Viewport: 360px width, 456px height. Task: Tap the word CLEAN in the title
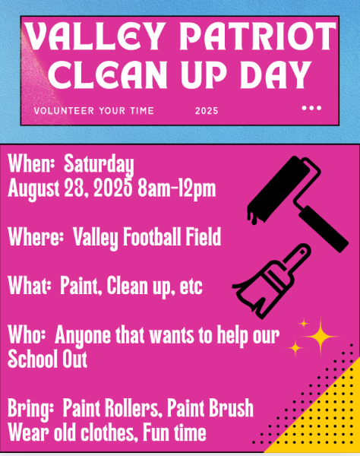click(x=108, y=75)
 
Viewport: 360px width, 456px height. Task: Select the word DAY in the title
click(x=274, y=75)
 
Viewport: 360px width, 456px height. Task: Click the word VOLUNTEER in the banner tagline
click(x=64, y=111)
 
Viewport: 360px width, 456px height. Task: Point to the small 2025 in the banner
click(x=207, y=111)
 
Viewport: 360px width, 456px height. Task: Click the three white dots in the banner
click(x=311, y=108)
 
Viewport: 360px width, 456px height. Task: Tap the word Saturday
click(x=99, y=165)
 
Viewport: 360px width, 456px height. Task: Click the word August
click(x=33, y=189)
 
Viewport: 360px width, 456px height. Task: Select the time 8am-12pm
click(x=177, y=189)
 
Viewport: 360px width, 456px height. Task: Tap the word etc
click(x=191, y=287)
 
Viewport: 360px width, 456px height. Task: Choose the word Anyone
click(x=83, y=336)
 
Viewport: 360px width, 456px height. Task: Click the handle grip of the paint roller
click(x=324, y=228)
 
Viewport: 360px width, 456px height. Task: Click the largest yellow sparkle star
click(x=321, y=337)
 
